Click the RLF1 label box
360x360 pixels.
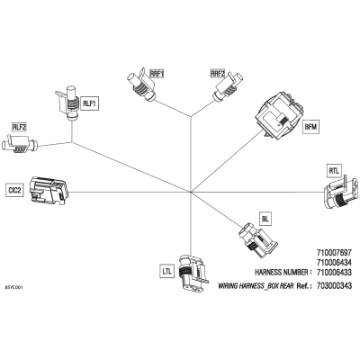[89, 104]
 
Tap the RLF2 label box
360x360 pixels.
[19, 127]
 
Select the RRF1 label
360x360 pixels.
[157, 73]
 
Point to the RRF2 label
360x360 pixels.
[218, 73]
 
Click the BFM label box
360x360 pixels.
[310, 127]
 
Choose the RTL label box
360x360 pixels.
[334, 171]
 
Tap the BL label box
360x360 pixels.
[265, 219]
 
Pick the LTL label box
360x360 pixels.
[166, 272]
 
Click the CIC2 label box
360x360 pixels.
[14, 190]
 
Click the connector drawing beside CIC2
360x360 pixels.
[49, 191]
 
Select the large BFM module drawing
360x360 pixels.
[279, 115]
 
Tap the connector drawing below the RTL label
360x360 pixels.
[341, 193]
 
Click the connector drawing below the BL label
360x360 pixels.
[258, 239]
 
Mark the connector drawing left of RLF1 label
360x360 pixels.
[67, 103]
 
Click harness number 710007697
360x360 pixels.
[334, 252]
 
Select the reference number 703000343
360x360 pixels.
[334, 285]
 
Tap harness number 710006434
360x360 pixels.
[334, 263]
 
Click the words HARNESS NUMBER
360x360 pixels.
[282, 273]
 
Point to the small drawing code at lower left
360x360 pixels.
[13, 287]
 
